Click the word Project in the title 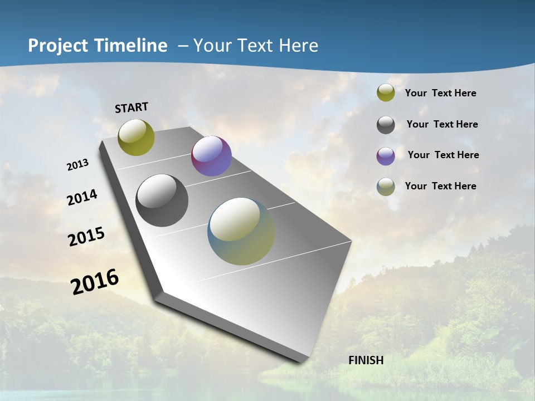[56, 46]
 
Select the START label [132, 107]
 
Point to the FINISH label [366, 360]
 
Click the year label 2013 [78, 165]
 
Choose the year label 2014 [82, 197]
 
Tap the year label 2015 [86, 236]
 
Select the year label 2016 [95, 281]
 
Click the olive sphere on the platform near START [137, 137]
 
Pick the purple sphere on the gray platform [211, 156]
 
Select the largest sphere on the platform [241, 231]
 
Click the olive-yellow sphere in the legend [386, 93]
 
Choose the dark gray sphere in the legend [386, 125]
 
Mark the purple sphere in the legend [386, 156]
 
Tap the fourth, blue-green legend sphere [386, 187]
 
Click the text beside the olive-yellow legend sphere [440, 93]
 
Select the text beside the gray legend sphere [442, 124]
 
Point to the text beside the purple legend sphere [443, 155]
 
